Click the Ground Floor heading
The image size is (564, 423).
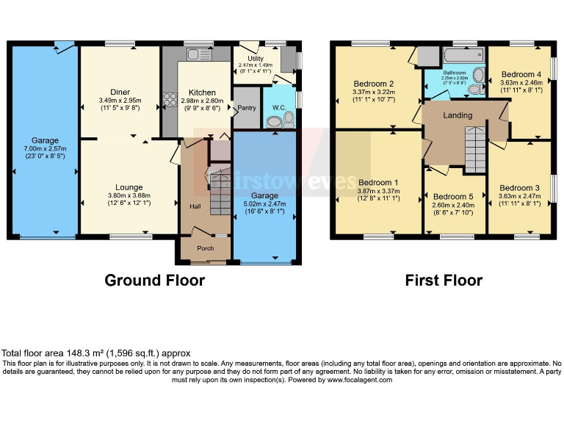click(x=154, y=280)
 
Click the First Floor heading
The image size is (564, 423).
click(x=444, y=280)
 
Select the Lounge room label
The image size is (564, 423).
click(x=129, y=187)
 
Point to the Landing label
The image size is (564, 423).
click(x=458, y=115)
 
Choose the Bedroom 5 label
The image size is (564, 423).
click(x=454, y=197)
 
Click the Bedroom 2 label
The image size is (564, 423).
click(x=374, y=84)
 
